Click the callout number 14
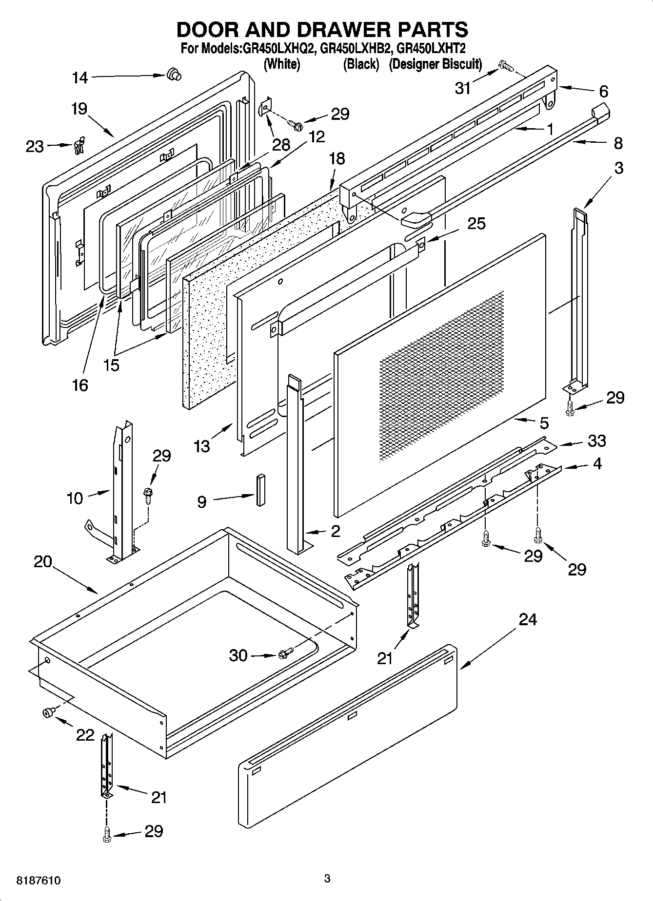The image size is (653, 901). (79, 77)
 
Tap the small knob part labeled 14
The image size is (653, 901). (173, 75)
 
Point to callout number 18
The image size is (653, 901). (337, 158)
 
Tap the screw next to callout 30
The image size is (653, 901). (286, 654)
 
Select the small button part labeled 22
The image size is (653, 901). (48, 713)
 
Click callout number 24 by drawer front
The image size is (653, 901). (528, 619)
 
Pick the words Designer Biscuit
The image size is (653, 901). (435, 64)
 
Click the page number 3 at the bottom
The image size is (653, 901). (327, 879)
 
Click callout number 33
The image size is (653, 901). (596, 441)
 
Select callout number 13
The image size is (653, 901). (202, 445)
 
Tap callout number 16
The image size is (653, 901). (80, 385)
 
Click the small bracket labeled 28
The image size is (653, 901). (265, 107)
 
